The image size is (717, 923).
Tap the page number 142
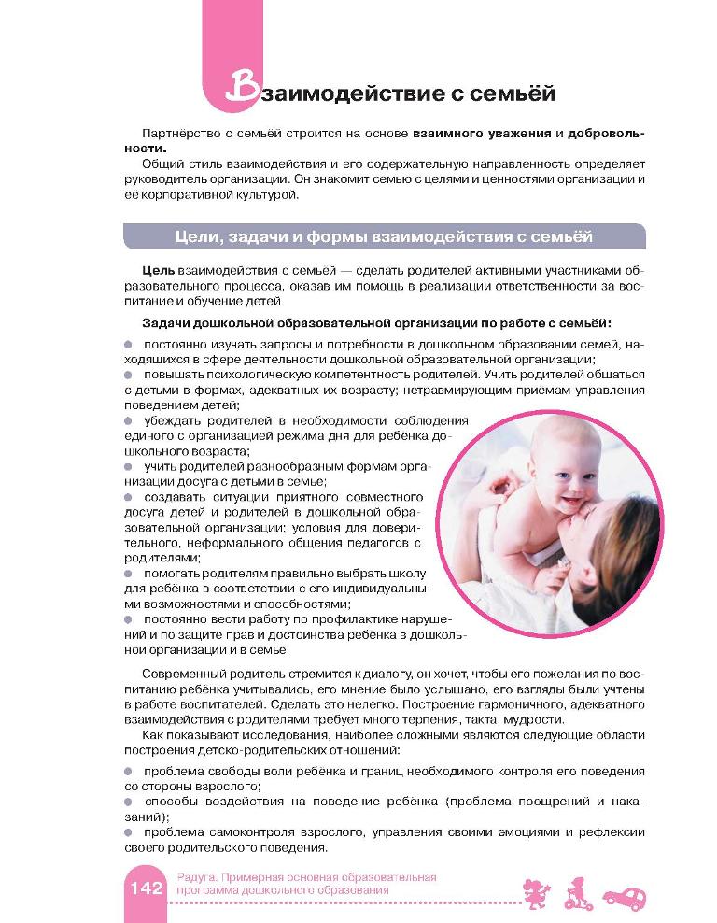tap(145, 886)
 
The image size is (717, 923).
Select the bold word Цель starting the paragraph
tap(158, 271)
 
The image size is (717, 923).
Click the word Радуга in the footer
tap(196, 876)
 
